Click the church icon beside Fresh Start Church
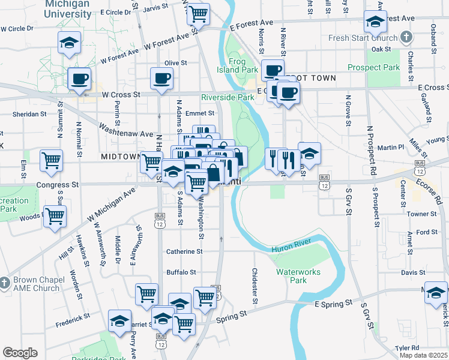406,38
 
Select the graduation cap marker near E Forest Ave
375,23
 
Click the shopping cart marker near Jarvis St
198,13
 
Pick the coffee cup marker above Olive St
161,78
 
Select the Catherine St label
184,252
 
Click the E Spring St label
332,305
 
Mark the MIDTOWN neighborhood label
121,157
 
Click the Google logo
20,353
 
